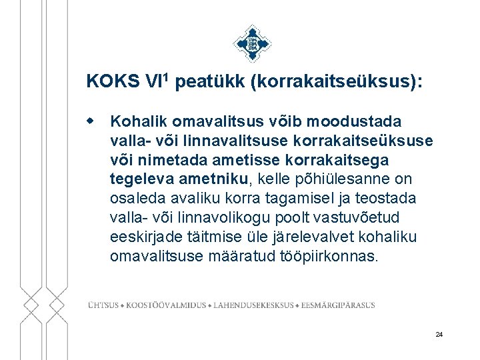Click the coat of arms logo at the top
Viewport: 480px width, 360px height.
pyautogui.click(x=252, y=43)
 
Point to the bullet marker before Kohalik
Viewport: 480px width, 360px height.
pyautogui.click(x=99, y=121)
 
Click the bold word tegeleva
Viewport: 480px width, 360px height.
pyautogui.click(x=140, y=180)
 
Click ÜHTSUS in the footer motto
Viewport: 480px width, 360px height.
pyautogui.click(x=103, y=305)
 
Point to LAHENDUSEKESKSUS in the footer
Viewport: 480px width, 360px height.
pyautogui.click(x=253, y=305)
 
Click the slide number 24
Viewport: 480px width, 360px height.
pyautogui.click(x=439, y=334)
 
